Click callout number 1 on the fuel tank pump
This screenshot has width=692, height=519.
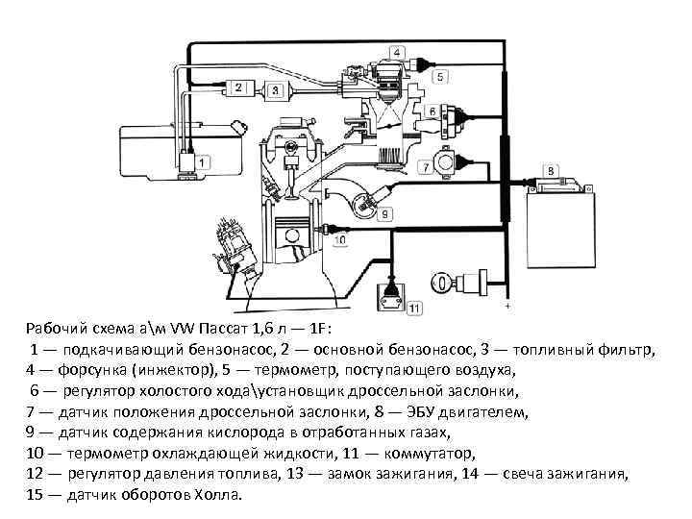coord(192,159)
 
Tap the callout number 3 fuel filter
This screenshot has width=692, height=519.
coord(276,90)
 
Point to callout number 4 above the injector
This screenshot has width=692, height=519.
coord(395,51)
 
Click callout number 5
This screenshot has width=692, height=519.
coord(439,75)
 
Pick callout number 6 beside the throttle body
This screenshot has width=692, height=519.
coord(432,111)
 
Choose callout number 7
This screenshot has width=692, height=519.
coord(424,167)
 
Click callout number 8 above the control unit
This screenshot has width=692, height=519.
coord(551,171)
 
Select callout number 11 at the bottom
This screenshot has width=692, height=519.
coord(413,308)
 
